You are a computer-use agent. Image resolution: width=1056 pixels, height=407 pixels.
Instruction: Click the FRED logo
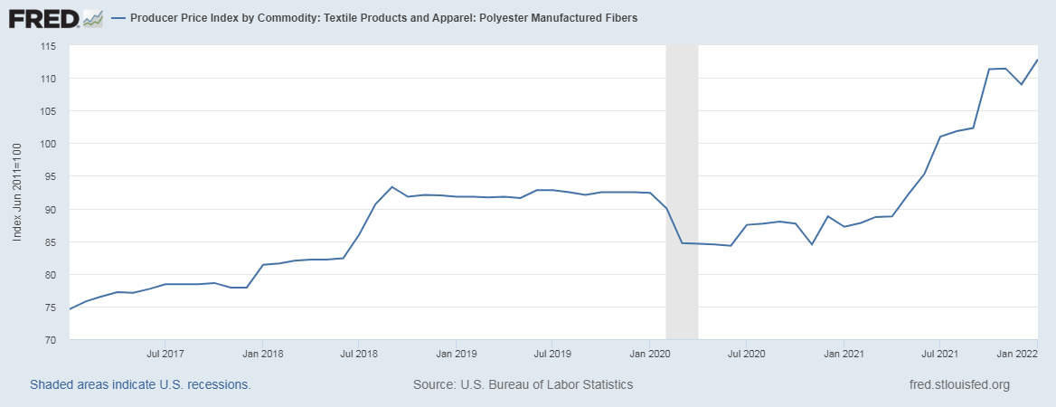[55, 18]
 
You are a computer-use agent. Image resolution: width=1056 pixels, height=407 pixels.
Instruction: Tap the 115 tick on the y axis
[49, 46]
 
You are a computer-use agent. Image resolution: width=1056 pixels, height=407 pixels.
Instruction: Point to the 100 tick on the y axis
[49, 144]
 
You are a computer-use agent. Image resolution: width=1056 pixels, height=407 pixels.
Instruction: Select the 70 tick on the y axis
[52, 340]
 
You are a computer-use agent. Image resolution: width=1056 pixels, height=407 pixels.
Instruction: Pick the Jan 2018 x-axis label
[260, 354]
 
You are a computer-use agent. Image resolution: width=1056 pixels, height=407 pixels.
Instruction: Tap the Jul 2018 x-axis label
[358, 354]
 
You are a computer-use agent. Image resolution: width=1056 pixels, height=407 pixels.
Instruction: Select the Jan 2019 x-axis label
[457, 354]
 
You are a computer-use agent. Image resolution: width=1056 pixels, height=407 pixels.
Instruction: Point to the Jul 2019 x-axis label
[552, 354]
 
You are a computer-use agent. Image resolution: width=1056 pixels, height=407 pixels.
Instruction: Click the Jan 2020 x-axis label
[650, 354]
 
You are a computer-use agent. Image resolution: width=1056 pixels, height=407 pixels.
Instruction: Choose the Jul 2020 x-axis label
[747, 354]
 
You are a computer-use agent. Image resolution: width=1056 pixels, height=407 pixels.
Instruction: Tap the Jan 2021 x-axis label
[844, 354]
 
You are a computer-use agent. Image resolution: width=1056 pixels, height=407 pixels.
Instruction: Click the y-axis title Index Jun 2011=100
[17, 192]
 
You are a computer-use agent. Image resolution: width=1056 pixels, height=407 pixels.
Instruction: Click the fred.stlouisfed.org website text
[958, 384]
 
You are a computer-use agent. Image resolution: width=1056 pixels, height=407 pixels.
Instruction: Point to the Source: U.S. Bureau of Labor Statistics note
[523, 384]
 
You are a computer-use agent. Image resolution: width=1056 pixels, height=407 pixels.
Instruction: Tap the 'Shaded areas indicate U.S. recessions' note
[140, 384]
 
